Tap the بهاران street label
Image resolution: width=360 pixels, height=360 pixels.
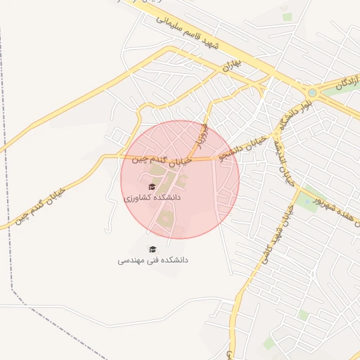click(x=233, y=65)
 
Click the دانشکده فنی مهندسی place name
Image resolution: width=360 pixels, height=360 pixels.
click(x=153, y=260)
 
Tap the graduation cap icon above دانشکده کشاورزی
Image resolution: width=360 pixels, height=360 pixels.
click(x=153, y=186)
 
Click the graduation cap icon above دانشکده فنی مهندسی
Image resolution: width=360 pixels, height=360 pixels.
click(x=153, y=248)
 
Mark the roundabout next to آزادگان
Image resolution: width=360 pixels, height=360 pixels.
click(x=311, y=92)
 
